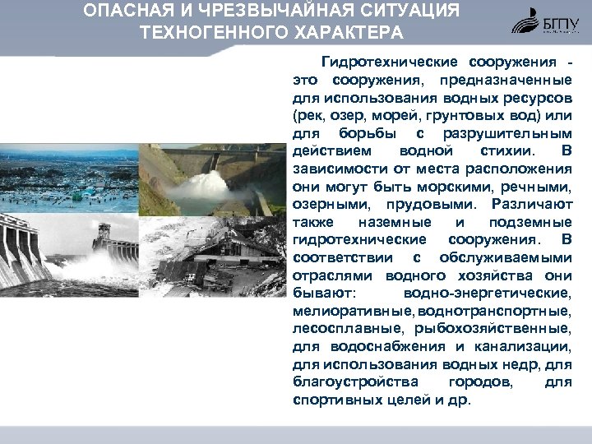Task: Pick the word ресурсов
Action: (534, 99)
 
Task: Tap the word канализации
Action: (524, 346)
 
